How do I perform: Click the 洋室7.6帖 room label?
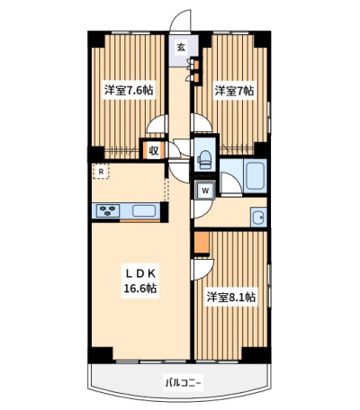(x=129, y=90)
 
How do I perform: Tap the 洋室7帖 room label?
(x=234, y=90)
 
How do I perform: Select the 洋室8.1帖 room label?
(x=231, y=298)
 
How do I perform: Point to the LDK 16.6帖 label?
(x=140, y=281)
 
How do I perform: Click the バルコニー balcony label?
(x=183, y=382)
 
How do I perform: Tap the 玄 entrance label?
(x=181, y=47)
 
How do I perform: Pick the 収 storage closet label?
(x=154, y=150)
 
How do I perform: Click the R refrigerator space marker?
(x=101, y=172)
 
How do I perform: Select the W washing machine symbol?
(x=205, y=191)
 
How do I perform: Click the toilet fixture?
(x=204, y=159)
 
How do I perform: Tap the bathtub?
(x=256, y=176)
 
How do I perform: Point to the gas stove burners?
(x=108, y=210)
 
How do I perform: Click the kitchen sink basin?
(x=144, y=210)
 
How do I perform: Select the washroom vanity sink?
(x=258, y=217)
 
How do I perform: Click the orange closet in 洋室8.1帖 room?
(x=202, y=243)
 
